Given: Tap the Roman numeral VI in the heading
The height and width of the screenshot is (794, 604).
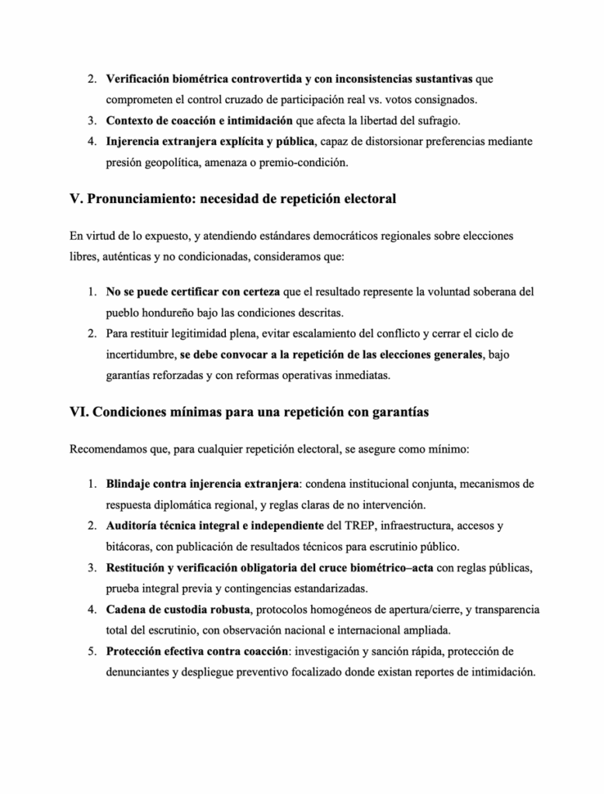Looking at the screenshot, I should coord(78,412).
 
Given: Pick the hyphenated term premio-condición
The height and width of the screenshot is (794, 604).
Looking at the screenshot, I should coord(305,164).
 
